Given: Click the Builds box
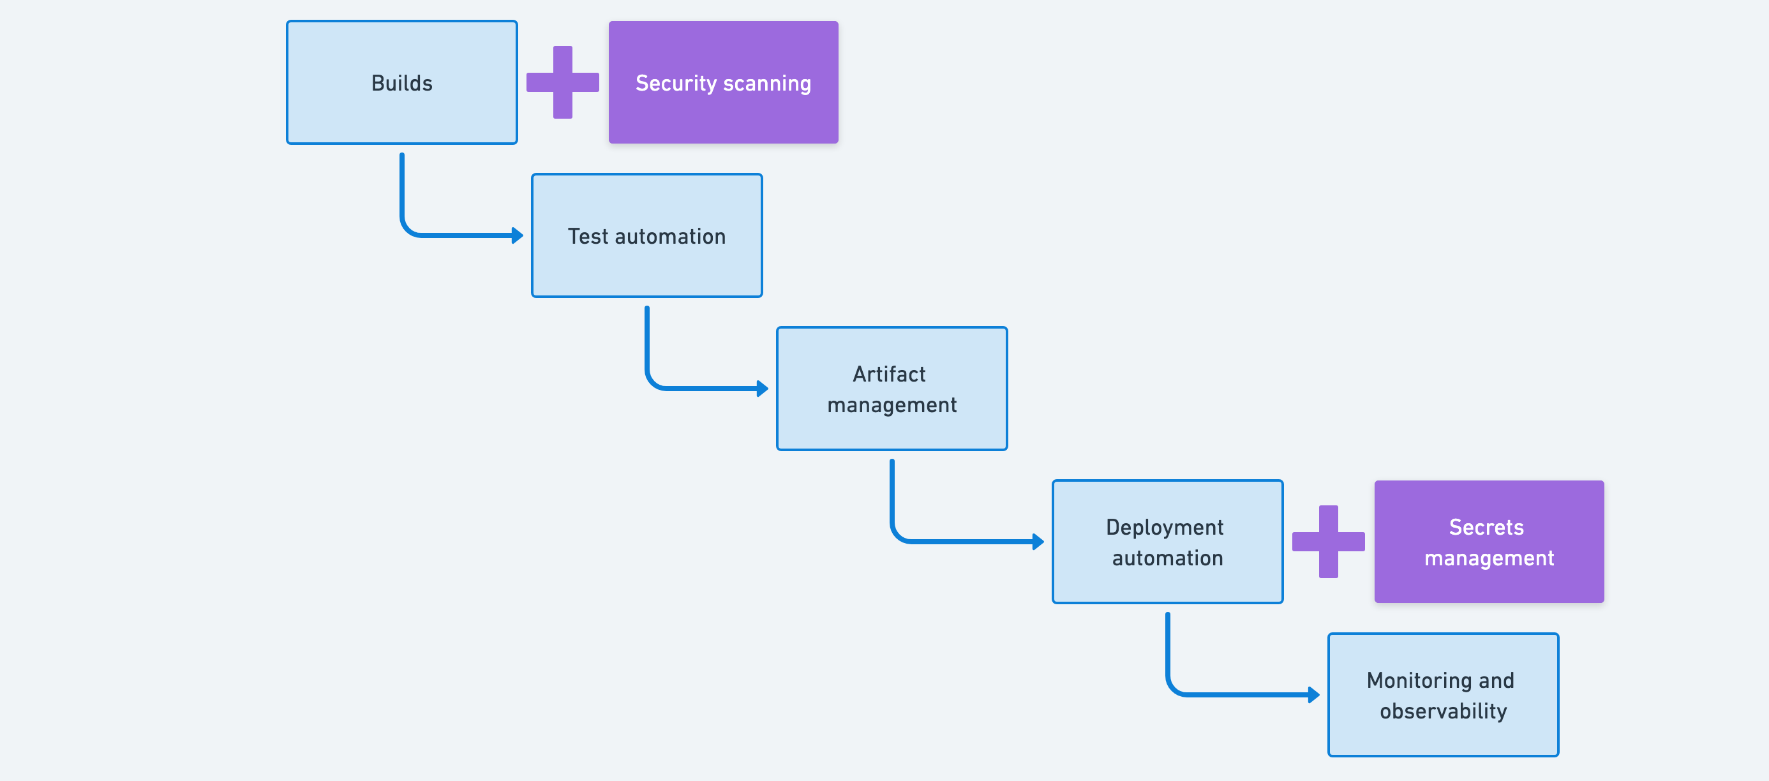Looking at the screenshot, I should [402, 82].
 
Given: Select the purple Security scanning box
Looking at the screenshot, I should [723, 82].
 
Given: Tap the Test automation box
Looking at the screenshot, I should [646, 235].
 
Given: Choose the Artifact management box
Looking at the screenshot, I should [892, 389].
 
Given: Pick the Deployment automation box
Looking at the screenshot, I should [1167, 542].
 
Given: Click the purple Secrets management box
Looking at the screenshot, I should [1489, 542].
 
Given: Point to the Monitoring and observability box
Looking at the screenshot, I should [1443, 695].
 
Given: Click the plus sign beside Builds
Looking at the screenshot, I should [562, 82].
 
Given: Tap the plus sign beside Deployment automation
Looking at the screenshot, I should [1328, 542].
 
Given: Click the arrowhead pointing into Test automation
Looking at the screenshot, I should [518, 235].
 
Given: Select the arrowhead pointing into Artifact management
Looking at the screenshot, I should [763, 389].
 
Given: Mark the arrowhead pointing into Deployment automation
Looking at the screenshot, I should [1038, 542].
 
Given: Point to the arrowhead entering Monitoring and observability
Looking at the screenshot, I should [1314, 695].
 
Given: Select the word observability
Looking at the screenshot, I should [1443, 711].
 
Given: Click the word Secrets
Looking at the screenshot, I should [1486, 528].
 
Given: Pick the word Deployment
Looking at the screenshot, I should [1164, 528].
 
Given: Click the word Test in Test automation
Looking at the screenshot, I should [588, 236].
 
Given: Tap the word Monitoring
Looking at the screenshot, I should [1419, 681].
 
